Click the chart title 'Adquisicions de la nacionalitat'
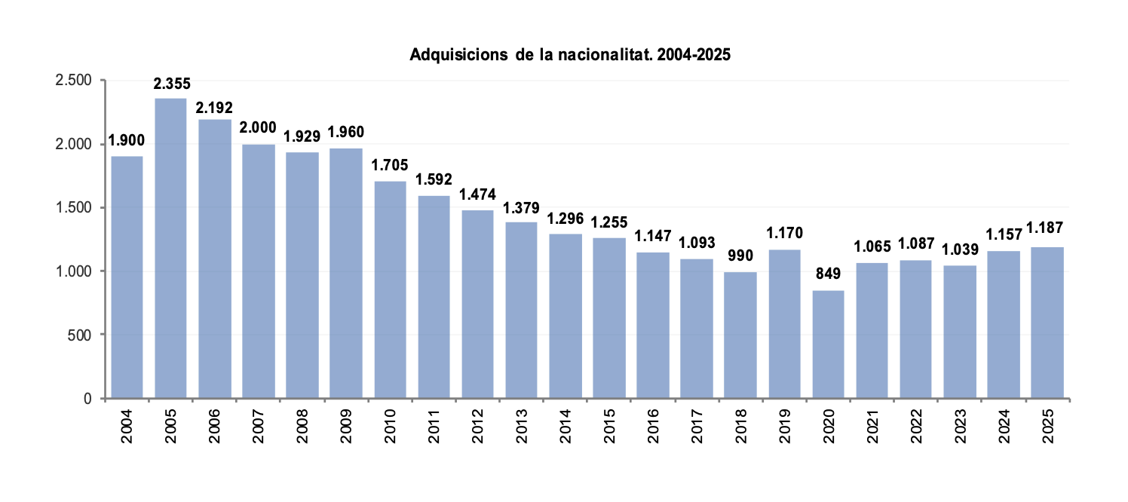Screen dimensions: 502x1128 570,55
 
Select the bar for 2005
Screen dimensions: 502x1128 170,248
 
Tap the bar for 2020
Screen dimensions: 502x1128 828,344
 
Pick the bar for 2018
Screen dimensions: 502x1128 740,335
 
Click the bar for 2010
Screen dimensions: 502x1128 390,289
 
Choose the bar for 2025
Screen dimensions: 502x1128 1047,322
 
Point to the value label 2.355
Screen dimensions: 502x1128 171,84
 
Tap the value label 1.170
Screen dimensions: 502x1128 784,232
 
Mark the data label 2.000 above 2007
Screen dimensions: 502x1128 258,127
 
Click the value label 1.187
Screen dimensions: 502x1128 1047,229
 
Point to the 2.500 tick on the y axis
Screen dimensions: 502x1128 73,81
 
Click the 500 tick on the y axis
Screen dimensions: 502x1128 79,335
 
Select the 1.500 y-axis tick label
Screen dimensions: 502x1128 73,207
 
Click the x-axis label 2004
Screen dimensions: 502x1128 127,427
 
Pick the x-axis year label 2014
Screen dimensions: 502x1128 565,427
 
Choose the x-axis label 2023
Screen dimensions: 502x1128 959,427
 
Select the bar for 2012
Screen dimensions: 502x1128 477,304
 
